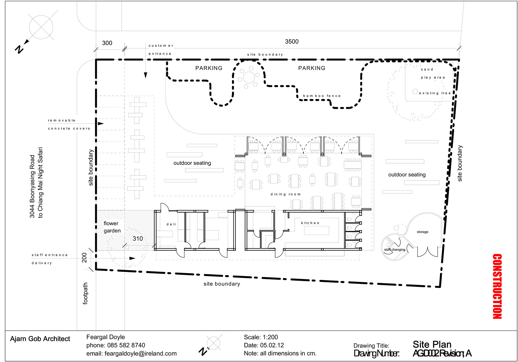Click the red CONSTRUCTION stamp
tap(497, 286)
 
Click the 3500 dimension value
tap(292, 41)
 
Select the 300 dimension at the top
tap(107, 43)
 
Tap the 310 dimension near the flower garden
tap(138, 239)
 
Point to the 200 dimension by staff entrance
tap(84, 257)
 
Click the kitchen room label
tap(310, 223)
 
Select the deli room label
tap(171, 224)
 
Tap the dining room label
tap(285, 194)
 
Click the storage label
tap(422, 232)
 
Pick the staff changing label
tap(395, 250)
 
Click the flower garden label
tap(112, 227)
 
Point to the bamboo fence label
tap(322, 96)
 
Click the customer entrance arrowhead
tap(146, 75)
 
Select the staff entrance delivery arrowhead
tap(132, 258)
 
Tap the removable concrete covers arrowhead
tap(101, 124)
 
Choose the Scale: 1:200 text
tap(261, 337)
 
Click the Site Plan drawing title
tap(432, 344)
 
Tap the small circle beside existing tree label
tap(415, 92)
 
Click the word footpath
tap(85, 294)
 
